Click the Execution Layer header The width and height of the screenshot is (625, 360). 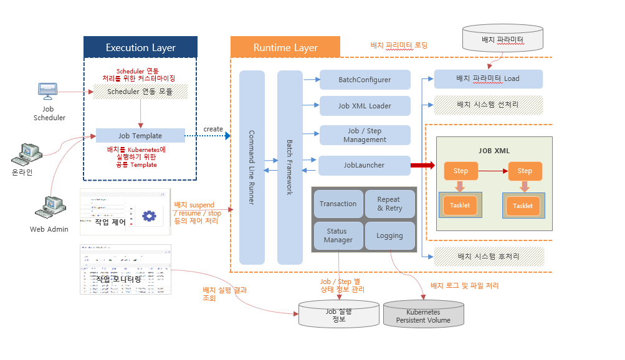(x=140, y=47)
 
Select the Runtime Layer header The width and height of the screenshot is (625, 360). (x=285, y=47)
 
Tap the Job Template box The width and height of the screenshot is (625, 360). (x=140, y=136)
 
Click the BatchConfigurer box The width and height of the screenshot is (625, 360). (x=365, y=80)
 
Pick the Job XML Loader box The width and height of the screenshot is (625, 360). (x=365, y=106)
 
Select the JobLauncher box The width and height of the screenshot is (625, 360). (x=364, y=165)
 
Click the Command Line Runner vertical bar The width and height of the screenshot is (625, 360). (x=252, y=167)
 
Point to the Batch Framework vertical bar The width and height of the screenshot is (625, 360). (x=290, y=167)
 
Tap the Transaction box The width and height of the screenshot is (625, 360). (x=338, y=204)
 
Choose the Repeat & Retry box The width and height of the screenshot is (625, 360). (x=389, y=204)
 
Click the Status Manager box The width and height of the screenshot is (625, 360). (x=338, y=235)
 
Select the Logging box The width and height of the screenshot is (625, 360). (x=389, y=235)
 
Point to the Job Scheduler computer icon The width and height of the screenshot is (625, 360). (x=48, y=91)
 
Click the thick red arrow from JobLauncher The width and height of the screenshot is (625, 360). (x=422, y=165)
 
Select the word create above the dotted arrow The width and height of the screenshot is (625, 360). (x=213, y=129)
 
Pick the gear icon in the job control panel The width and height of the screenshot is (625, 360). (x=148, y=216)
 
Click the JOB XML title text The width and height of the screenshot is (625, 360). (x=494, y=151)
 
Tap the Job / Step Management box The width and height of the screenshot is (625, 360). (x=365, y=135)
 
